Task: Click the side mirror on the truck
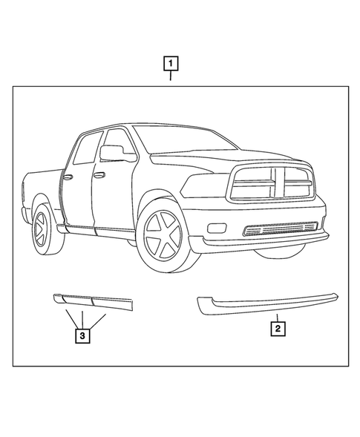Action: coord(112,153)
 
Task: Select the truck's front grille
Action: coord(272,182)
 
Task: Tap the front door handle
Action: coord(99,175)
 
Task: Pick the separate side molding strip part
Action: coord(92,300)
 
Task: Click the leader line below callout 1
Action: coord(171,77)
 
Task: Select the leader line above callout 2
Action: coord(276,315)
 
